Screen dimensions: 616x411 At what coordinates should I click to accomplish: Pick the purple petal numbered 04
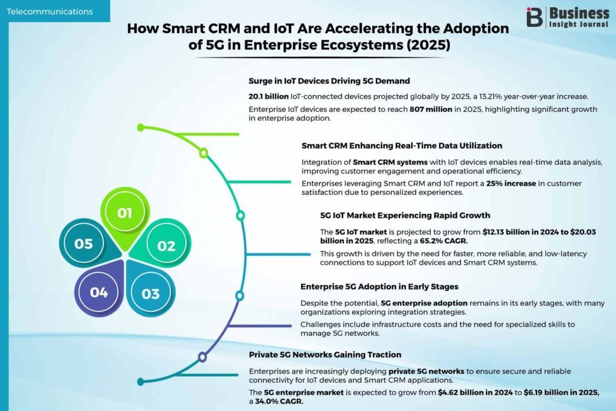pyautogui.click(x=100, y=290)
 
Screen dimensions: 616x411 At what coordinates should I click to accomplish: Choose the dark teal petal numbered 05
pyautogui.click(x=87, y=244)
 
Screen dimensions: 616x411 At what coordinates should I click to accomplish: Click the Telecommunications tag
pyautogui.click(x=50, y=11)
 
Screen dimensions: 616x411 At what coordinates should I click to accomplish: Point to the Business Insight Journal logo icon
pyautogui.click(x=534, y=17)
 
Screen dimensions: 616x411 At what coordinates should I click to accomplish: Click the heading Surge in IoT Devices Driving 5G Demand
pyautogui.click(x=329, y=81)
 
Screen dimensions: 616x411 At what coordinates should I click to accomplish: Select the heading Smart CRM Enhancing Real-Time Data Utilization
pyautogui.click(x=402, y=146)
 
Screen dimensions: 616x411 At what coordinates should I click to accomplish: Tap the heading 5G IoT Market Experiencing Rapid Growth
pyautogui.click(x=405, y=215)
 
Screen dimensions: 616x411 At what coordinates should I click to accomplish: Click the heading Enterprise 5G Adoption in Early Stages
pyautogui.click(x=380, y=286)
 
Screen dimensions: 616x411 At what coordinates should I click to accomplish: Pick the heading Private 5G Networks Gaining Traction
pyautogui.click(x=325, y=355)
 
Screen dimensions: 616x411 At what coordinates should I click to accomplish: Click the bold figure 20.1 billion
pyautogui.click(x=269, y=96)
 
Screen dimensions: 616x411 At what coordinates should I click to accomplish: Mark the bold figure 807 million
pyautogui.click(x=431, y=110)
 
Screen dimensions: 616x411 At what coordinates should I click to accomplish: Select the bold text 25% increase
pyautogui.click(x=511, y=184)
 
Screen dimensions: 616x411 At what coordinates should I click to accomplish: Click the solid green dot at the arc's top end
pyautogui.click(x=141, y=128)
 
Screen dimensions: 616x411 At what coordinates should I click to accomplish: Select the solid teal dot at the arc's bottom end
pyautogui.click(x=141, y=382)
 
